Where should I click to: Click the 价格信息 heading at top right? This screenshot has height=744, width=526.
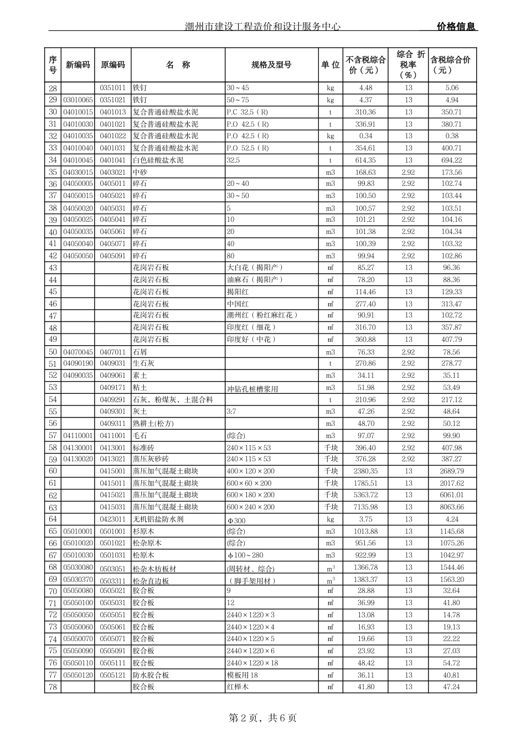click(456, 27)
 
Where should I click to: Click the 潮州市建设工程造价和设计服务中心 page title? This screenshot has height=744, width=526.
click(262, 27)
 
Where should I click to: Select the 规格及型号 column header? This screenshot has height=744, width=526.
click(271, 65)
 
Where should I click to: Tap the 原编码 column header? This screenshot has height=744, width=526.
click(112, 65)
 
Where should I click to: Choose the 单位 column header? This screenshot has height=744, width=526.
click(331, 65)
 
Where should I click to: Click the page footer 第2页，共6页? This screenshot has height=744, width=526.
click(262, 718)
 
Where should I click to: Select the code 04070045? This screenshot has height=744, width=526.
click(78, 352)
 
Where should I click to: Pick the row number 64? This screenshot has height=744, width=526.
click(53, 519)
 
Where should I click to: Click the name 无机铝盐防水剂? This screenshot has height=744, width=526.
click(158, 519)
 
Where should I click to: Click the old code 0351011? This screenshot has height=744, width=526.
click(112, 88)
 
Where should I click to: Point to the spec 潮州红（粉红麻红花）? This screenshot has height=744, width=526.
click(262, 315)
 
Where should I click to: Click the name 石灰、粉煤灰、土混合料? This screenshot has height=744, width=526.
click(173, 400)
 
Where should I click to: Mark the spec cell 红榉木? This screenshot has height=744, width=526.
click(238, 687)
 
